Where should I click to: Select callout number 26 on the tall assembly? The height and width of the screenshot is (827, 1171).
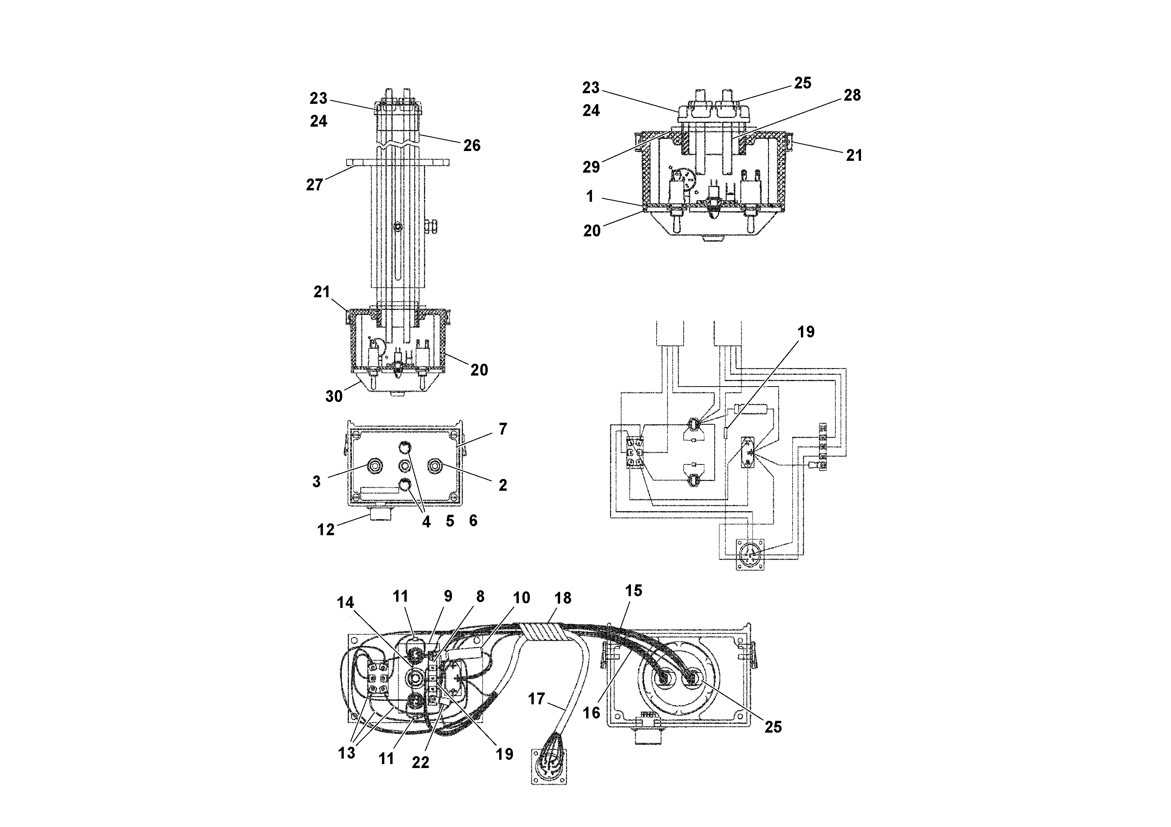[x=471, y=146]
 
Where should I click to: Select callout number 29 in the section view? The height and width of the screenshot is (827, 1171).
[x=591, y=167]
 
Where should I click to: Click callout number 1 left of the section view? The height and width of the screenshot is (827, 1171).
[x=590, y=196]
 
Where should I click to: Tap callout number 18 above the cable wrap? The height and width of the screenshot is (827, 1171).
[x=562, y=598]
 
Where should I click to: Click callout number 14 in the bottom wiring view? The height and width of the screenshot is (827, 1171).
[x=345, y=603]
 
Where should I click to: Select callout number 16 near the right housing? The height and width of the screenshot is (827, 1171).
[x=591, y=713]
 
